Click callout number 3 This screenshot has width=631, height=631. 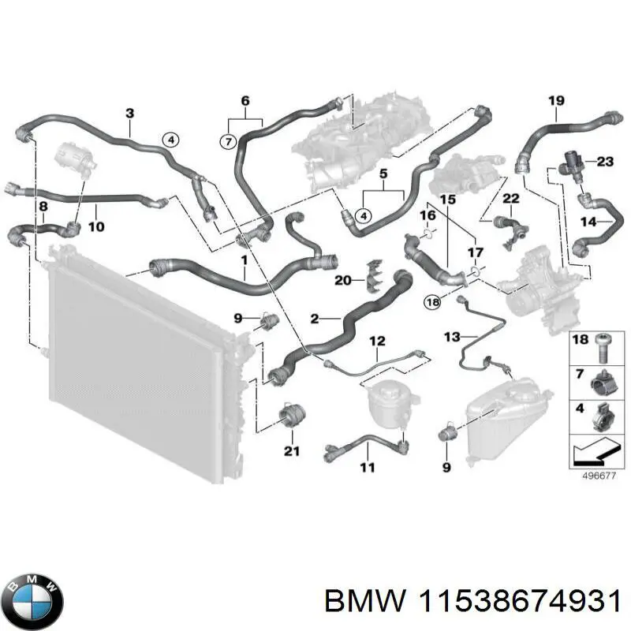point(129,114)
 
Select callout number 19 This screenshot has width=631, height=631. point(556,100)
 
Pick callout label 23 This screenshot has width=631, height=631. point(604,162)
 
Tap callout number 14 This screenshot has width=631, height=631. point(588,222)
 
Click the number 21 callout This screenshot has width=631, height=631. point(292,451)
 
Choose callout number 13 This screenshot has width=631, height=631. point(450,337)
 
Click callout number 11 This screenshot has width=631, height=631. point(368,469)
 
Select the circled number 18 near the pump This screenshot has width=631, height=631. point(432,301)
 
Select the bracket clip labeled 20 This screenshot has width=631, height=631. point(372,273)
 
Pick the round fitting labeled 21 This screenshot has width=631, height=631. point(292,415)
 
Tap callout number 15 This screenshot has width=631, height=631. point(447,200)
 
